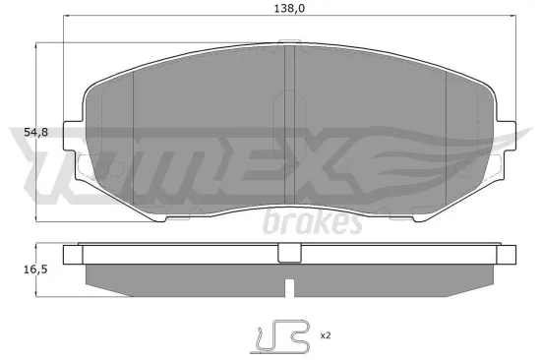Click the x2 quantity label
click(325, 336)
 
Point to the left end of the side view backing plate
click(70, 254)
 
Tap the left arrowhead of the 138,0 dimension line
click(66, 17)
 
